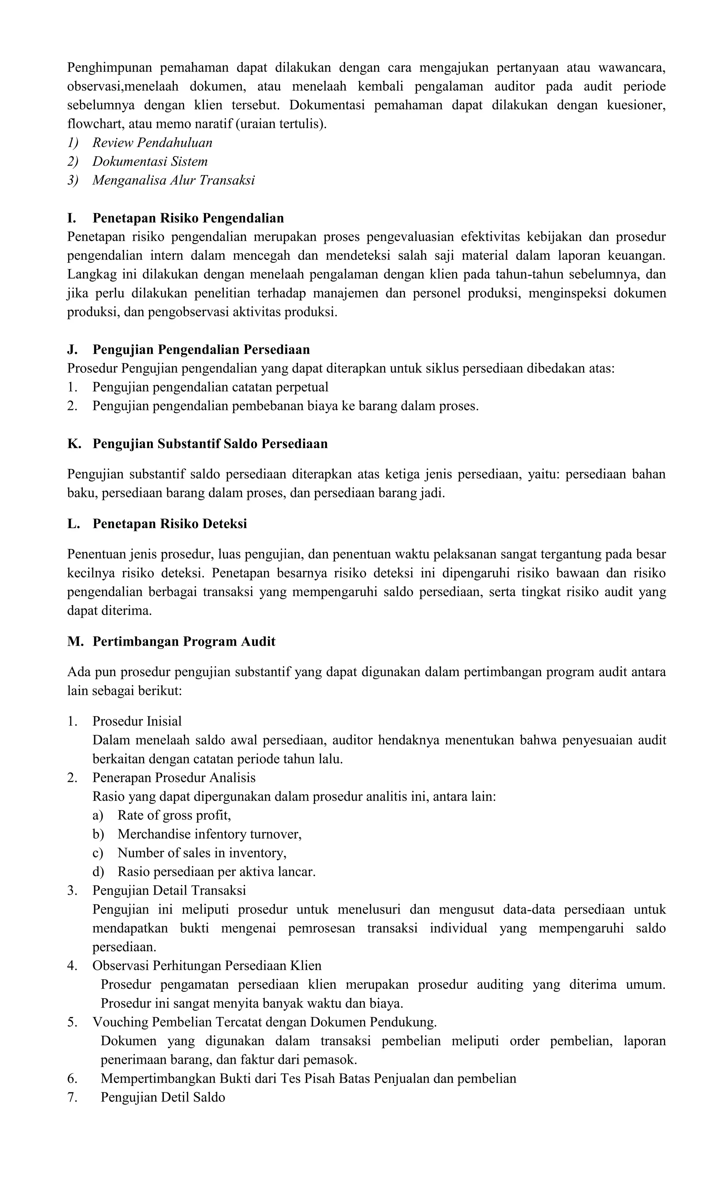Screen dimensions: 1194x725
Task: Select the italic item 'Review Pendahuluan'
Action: [x=152, y=143]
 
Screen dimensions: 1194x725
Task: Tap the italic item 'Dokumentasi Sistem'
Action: [x=150, y=162]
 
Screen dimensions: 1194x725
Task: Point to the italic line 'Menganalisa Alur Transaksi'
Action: [x=173, y=181]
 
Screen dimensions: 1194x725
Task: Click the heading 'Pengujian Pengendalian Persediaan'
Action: [x=201, y=349]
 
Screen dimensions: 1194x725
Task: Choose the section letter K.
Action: [x=74, y=444]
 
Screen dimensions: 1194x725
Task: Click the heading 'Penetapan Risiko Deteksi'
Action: [x=170, y=524]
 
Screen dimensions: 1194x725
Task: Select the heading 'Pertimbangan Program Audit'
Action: [x=184, y=641]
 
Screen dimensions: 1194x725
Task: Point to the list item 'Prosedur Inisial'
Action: [x=137, y=721]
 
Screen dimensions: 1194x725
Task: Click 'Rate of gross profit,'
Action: [x=174, y=815]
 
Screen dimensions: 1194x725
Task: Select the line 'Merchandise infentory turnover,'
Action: [x=209, y=834]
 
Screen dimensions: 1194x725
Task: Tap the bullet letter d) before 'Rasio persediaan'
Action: [x=98, y=872]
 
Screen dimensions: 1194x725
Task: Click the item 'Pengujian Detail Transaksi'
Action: [x=169, y=890]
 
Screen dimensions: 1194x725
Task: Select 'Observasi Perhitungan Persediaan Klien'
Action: [x=207, y=965]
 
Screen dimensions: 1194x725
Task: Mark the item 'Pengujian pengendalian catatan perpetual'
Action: [x=210, y=387]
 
